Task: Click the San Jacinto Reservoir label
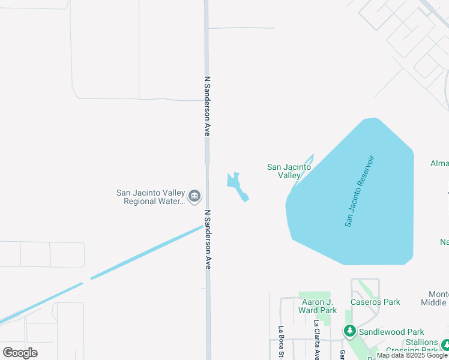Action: (x=361, y=191)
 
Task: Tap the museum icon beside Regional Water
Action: (x=194, y=196)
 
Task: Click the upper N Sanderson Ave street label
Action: (x=207, y=106)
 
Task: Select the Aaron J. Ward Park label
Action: (x=318, y=306)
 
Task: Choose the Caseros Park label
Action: (x=375, y=302)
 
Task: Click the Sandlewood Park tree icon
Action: (x=349, y=331)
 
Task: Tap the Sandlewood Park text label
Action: (x=391, y=331)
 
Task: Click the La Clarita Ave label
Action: (x=316, y=340)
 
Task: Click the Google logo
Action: (x=20, y=352)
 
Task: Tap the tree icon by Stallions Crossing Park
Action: (x=445, y=344)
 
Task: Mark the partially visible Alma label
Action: (x=439, y=163)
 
